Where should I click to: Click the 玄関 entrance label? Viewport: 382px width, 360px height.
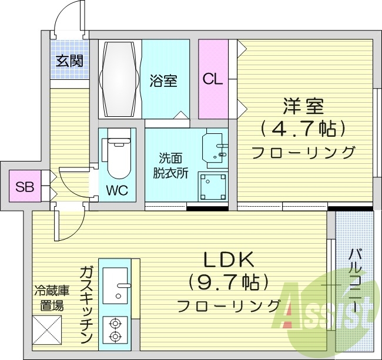[69, 60]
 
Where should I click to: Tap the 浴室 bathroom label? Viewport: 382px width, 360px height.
[163, 81]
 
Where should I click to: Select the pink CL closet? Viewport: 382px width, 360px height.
[213, 79]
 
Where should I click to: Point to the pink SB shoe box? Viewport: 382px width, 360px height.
[25, 187]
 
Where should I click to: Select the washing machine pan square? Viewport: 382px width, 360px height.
[212, 186]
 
